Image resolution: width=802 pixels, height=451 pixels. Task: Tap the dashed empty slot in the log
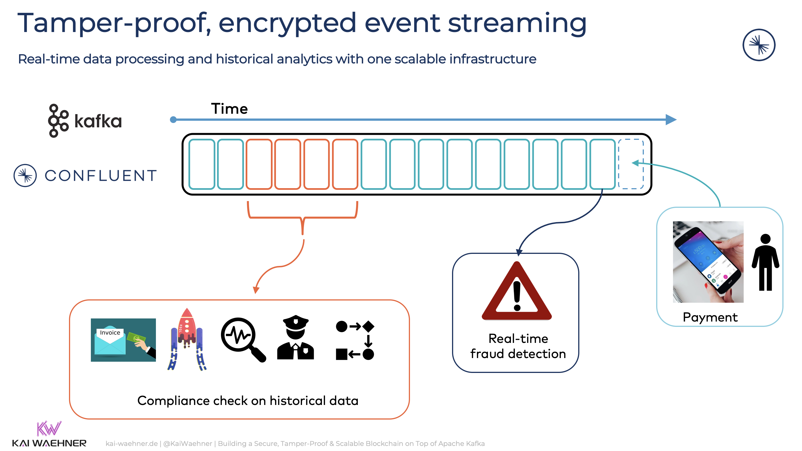pyautogui.click(x=630, y=164)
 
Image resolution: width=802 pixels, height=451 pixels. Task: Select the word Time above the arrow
pyautogui.click(x=229, y=109)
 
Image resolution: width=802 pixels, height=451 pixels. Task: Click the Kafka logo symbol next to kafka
pyautogui.click(x=58, y=121)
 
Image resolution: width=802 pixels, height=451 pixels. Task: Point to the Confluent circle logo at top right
pyautogui.click(x=759, y=45)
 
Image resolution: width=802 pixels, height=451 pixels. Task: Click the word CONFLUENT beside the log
pyautogui.click(x=101, y=176)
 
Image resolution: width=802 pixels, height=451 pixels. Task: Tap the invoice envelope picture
pyautogui.click(x=123, y=340)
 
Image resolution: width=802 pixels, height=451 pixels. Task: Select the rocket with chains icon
pyautogui.click(x=187, y=340)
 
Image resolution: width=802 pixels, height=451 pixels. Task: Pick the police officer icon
pyautogui.click(x=296, y=338)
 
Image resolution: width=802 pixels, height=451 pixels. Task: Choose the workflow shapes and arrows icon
pyautogui.click(x=355, y=340)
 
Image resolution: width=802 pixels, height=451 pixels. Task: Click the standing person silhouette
pyautogui.click(x=765, y=263)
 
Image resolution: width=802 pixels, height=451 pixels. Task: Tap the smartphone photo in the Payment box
pyautogui.click(x=708, y=262)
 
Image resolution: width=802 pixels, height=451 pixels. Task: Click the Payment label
pyautogui.click(x=710, y=317)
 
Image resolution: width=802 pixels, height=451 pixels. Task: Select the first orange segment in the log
pyautogui.click(x=259, y=164)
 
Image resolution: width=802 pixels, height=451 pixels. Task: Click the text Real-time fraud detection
pyautogui.click(x=518, y=346)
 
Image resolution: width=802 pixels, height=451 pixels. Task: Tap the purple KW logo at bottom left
pyautogui.click(x=49, y=429)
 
